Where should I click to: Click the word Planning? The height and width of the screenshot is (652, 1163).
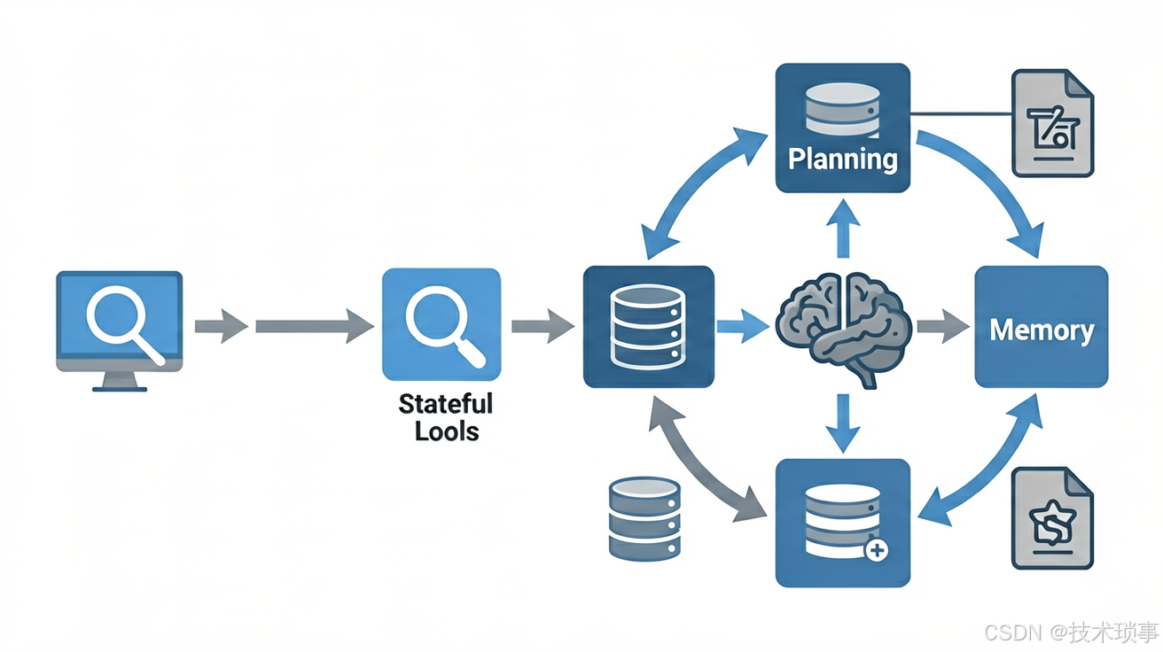(x=843, y=159)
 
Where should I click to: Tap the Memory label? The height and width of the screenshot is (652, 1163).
(x=1042, y=330)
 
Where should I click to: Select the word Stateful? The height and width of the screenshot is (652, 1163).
(x=446, y=404)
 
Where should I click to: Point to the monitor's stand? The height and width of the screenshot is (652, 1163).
(x=120, y=382)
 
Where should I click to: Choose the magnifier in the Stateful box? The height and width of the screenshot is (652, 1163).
(x=444, y=327)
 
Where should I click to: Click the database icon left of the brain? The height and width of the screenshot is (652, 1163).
(x=647, y=327)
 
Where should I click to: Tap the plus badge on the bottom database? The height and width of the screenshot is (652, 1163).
(x=877, y=550)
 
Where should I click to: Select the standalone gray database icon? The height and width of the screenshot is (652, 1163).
(x=644, y=519)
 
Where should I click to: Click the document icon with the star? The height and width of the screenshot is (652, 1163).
(x=1052, y=518)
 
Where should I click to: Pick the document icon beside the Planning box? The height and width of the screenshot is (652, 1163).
(x=1052, y=123)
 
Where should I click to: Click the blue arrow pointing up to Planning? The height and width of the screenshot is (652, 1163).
(x=843, y=229)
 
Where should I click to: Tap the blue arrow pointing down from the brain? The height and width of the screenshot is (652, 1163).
(x=843, y=423)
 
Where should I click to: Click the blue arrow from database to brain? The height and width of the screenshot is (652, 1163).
(x=743, y=327)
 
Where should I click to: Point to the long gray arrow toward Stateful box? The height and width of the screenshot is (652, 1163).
(x=315, y=326)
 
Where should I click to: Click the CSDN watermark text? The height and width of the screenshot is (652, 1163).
(x=1072, y=633)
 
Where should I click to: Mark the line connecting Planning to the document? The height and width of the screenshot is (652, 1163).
(x=961, y=113)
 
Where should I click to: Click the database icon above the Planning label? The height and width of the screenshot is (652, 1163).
(x=843, y=110)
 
